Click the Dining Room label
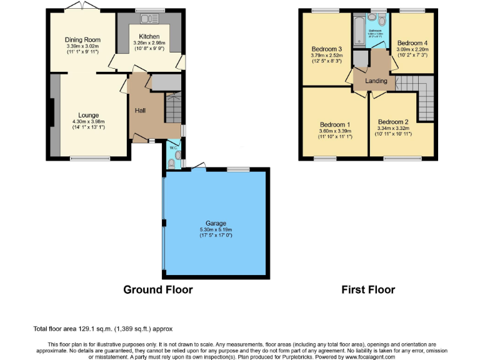(83, 40)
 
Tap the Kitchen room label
(149, 37)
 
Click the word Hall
(141, 111)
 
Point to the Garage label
(216, 223)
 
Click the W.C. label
(173, 147)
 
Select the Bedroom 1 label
(335, 124)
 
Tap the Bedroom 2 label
(393, 122)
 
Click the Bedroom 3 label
(327, 49)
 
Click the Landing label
(376, 81)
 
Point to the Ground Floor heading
(157, 289)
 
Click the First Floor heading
(368, 289)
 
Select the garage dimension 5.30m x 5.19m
(216, 229)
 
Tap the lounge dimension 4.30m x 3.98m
(88, 122)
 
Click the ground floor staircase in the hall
(174, 107)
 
